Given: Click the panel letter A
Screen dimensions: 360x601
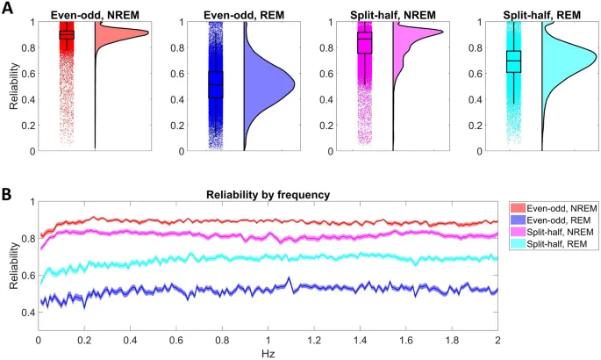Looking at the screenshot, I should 7,7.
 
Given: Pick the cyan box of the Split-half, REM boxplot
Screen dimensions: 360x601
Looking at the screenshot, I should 514,61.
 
